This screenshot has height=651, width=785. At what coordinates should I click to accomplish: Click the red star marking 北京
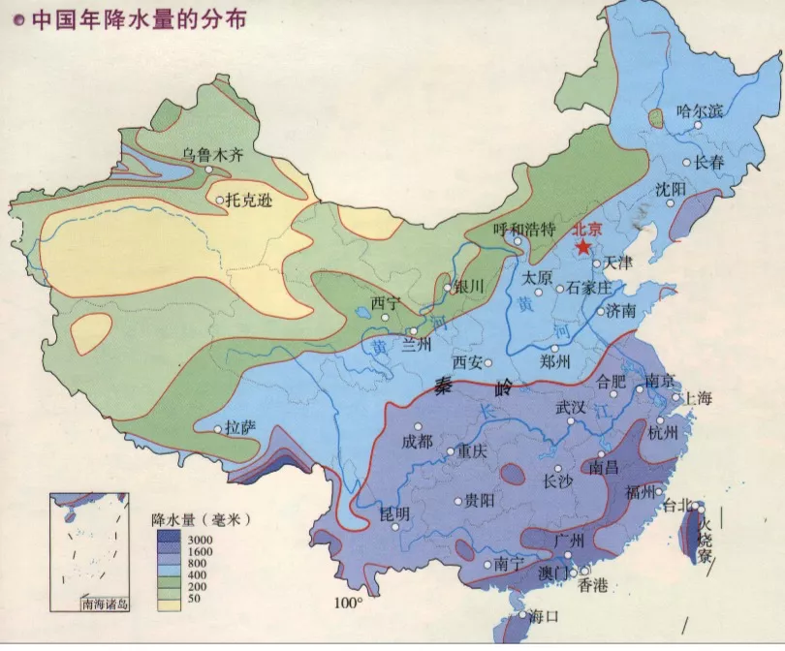[x=583, y=248]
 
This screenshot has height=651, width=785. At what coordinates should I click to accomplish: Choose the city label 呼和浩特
[x=523, y=229]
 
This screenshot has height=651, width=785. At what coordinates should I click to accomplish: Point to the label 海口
[x=547, y=615]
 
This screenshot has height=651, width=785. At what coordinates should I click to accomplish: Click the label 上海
[x=698, y=398]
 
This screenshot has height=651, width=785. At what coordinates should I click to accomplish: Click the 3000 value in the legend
[x=200, y=539]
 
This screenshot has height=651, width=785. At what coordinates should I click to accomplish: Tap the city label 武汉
[x=570, y=408]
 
